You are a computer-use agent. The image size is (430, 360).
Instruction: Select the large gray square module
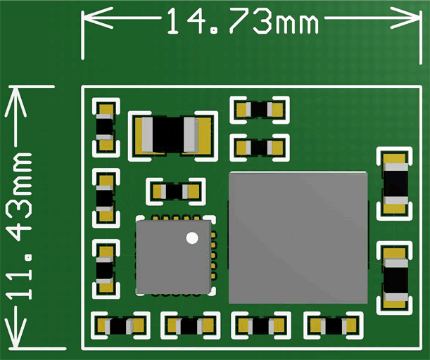click(x=298, y=237)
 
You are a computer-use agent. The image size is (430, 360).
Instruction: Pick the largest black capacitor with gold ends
click(x=172, y=134)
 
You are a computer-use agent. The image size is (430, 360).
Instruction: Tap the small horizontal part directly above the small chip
click(x=175, y=191)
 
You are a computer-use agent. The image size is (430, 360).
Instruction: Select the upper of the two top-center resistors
click(x=260, y=110)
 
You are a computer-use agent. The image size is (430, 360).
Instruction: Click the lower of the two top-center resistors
click(x=260, y=148)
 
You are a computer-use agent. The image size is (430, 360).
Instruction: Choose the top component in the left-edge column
click(x=105, y=127)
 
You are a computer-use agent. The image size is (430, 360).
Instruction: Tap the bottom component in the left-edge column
click(x=106, y=269)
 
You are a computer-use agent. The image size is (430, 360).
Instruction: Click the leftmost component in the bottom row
click(x=121, y=326)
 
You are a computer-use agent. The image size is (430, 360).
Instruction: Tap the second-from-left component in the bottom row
click(x=190, y=325)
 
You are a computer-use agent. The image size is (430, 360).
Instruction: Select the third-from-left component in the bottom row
click(x=260, y=326)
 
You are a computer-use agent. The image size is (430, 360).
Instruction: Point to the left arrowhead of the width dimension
click(x=87, y=20)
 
